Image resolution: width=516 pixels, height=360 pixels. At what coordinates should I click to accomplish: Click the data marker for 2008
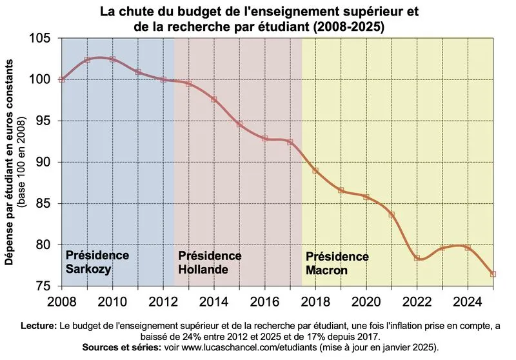(x=61, y=79)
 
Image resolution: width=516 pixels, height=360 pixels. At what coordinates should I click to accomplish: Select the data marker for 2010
(x=112, y=59)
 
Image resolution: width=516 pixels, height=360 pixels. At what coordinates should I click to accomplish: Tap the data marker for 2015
(x=239, y=124)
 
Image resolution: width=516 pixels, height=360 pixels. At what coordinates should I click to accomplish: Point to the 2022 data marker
(x=417, y=258)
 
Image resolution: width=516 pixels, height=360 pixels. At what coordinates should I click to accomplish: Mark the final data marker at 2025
(x=493, y=274)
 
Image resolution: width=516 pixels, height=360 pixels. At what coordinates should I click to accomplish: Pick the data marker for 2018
(x=315, y=170)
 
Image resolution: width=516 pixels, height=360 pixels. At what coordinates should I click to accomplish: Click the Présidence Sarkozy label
(x=97, y=262)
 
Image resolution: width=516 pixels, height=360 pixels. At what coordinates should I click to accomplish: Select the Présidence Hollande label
(x=209, y=263)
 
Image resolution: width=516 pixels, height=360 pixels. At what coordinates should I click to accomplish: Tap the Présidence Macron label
(x=336, y=263)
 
